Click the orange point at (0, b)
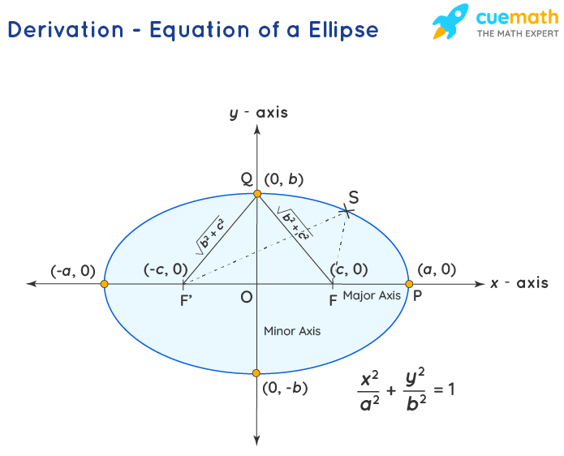coord(257,194)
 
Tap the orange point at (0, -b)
coord(256,373)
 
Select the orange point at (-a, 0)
coord(104,284)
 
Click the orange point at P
coord(409,284)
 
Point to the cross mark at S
coord(349,211)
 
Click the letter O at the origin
coord(246,298)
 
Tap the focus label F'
coord(186,299)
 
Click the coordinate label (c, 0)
coord(349,269)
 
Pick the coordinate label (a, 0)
coord(437,269)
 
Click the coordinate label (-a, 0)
coord(73,270)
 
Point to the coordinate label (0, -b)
coord(285,388)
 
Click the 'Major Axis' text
coord(372,295)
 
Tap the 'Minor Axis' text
coord(292,331)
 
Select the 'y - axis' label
coord(258,113)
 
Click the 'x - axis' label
coord(519,283)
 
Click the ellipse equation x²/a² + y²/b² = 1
coord(406,389)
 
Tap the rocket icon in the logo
coord(452,22)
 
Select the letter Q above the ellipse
coord(247,179)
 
